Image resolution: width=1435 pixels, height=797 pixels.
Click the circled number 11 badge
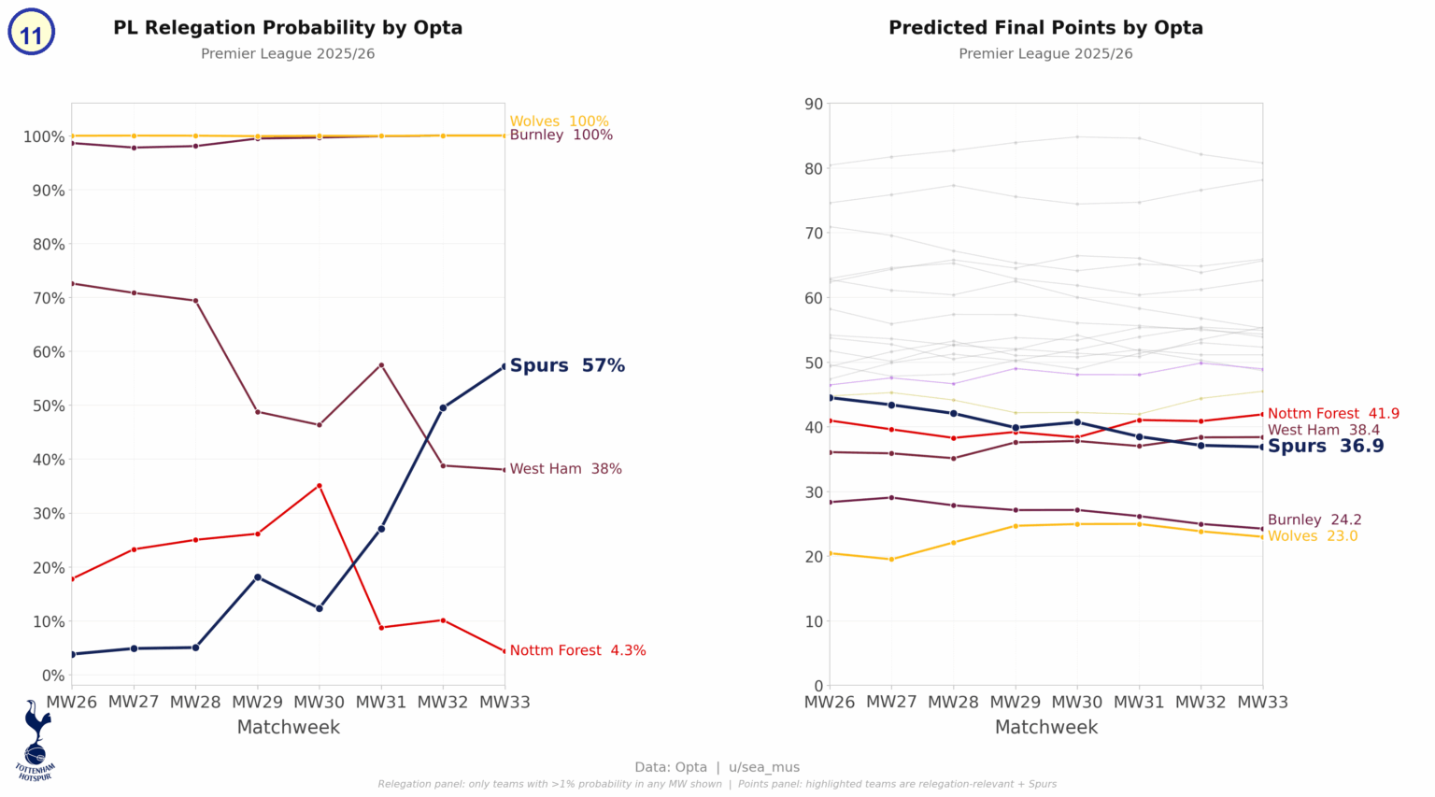click(31, 34)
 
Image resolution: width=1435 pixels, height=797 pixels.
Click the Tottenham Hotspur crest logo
click(36, 741)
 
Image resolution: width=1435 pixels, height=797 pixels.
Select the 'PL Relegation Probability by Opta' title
click(288, 28)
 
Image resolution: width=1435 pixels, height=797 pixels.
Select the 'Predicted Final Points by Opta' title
click(1045, 28)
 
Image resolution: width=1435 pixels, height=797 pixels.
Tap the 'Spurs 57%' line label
click(567, 366)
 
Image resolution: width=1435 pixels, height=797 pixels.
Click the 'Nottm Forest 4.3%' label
click(577, 651)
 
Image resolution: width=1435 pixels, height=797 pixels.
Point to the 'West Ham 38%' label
click(565, 469)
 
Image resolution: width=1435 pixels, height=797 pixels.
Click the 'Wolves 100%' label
click(559, 121)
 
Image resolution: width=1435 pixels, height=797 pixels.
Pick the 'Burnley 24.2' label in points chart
click(1314, 520)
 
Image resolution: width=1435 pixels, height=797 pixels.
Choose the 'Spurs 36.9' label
click(1325, 447)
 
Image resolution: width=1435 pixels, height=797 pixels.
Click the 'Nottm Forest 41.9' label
click(1332, 414)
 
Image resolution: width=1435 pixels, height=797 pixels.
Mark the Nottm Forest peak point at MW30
click(320, 486)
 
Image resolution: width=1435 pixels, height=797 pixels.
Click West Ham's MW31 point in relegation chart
click(381, 365)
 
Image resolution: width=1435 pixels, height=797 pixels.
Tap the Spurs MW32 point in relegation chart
click(443, 407)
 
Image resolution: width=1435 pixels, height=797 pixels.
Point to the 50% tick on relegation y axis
click(44, 406)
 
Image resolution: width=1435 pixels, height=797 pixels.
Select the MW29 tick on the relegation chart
click(258, 703)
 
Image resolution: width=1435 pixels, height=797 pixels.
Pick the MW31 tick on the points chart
click(1139, 703)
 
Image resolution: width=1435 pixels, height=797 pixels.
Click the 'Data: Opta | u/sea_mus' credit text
click(717, 767)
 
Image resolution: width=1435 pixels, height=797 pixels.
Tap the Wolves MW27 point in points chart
click(891, 560)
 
